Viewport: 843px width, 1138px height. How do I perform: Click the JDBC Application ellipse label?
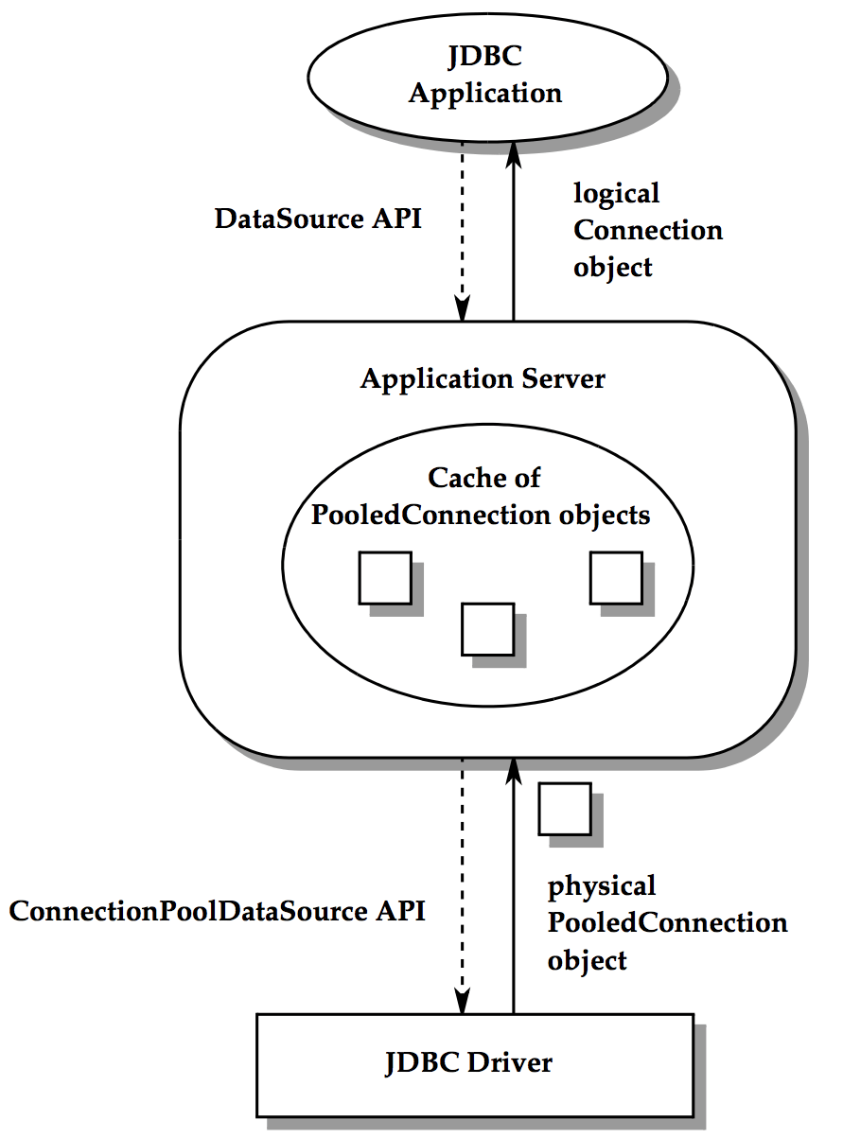tap(485, 76)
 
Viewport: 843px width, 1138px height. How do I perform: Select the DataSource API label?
tap(318, 219)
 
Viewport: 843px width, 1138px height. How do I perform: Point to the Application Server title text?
tap(483, 379)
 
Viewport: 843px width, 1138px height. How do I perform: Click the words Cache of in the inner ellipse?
tap(483, 478)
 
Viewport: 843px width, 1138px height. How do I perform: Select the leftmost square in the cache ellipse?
tap(385, 578)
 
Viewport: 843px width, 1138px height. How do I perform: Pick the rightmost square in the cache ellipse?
tap(616, 578)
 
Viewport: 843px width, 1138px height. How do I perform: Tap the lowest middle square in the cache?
tap(487, 629)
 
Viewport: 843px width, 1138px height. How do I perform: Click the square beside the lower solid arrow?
tap(565, 809)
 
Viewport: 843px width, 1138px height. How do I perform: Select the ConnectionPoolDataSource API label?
tap(218, 911)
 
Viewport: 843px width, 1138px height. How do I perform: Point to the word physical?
tap(602, 887)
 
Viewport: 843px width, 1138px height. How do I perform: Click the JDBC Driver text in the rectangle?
tap(468, 1062)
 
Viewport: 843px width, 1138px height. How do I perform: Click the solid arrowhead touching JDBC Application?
tap(514, 154)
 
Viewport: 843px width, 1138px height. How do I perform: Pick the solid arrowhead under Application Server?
tap(514, 771)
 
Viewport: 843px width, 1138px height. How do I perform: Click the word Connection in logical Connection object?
tap(648, 231)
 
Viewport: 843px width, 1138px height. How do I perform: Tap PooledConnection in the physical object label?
tap(667, 922)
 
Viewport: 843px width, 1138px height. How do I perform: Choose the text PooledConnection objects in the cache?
tap(481, 515)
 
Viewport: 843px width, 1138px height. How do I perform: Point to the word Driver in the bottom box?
tap(510, 1062)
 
